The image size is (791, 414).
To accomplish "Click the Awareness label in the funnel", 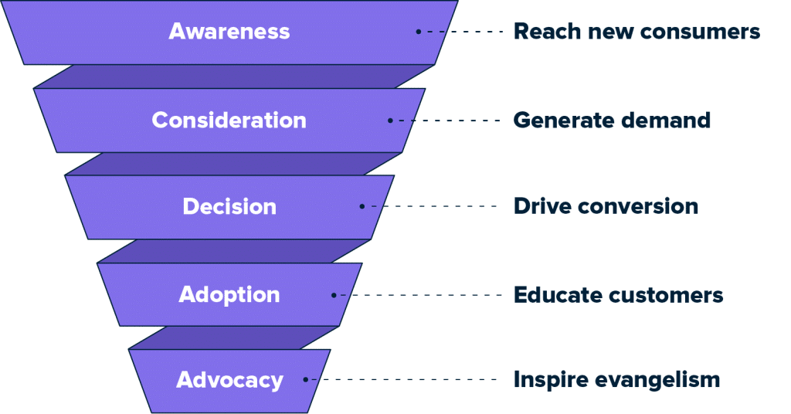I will pyautogui.click(x=229, y=32).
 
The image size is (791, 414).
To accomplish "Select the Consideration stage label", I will pyautogui.click(x=229, y=120).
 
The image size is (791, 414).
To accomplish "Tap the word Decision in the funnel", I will pyautogui.click(x=229, y=207).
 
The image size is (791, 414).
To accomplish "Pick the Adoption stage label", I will pyautogui.click(x=229, y=295).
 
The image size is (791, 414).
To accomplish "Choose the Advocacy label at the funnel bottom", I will pyautogui.click(x=229, y=380).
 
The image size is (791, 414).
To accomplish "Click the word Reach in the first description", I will pyautogui.click(x=541, y=32).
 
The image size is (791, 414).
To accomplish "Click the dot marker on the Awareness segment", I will pyautogui.click(x=418, y=32).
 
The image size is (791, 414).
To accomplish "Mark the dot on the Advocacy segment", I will pyautogui.click(x=306, y=379).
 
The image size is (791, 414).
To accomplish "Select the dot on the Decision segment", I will pyautogui.click(x=362, y=206).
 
